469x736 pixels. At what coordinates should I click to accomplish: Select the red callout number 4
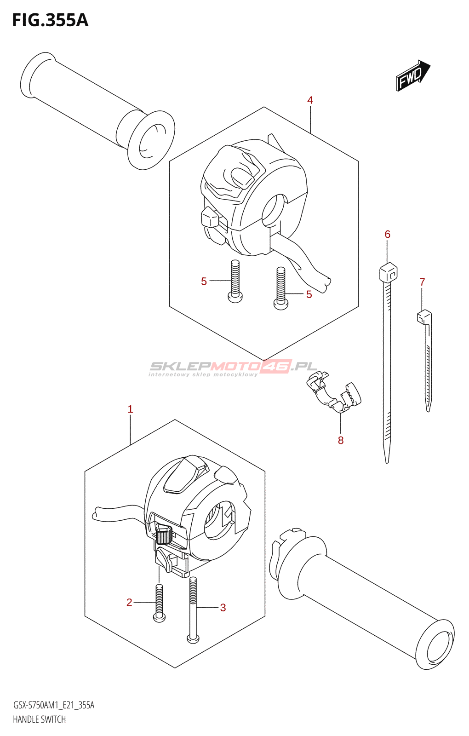(x=310, y=100)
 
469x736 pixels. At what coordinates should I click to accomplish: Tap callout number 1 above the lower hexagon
(x=130, y=409)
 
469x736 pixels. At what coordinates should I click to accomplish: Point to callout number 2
(x=129, y=603)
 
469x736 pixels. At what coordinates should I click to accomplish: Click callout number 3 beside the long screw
(x=223, y=608)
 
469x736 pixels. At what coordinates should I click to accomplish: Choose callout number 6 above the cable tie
(x=388, y=235)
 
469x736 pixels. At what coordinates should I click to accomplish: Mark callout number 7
(x=422, y=282)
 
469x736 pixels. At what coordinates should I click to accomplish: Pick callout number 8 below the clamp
(x=341, y=440)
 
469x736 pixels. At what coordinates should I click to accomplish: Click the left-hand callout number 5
(x=204, y=282)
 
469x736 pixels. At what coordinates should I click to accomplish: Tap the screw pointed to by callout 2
(x=159, y=603)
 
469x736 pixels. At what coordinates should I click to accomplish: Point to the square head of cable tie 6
(x=388, y=272)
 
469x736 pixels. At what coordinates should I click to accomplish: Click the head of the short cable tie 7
(x=424, y=316)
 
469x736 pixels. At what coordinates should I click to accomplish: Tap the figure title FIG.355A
(x=50, y=21)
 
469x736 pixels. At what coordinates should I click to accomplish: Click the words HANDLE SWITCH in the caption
(x=40, y=719)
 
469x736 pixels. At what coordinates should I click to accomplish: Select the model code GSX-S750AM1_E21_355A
(x=54, y=705)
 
